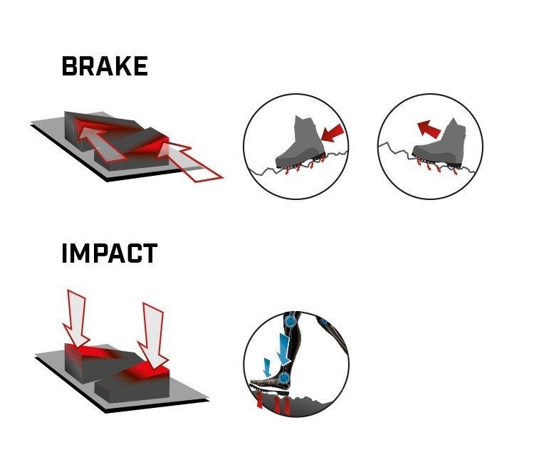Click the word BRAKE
(105, 66)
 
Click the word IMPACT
(110, 253)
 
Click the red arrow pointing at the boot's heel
(333, 133)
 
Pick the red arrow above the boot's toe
(429, 128)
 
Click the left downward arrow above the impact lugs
(76, 318)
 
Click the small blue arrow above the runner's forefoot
(268, 367)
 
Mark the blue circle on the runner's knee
(290, 320)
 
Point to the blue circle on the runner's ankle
(283, 378)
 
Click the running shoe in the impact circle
(270, 386)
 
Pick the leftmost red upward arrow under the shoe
(260, 399)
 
